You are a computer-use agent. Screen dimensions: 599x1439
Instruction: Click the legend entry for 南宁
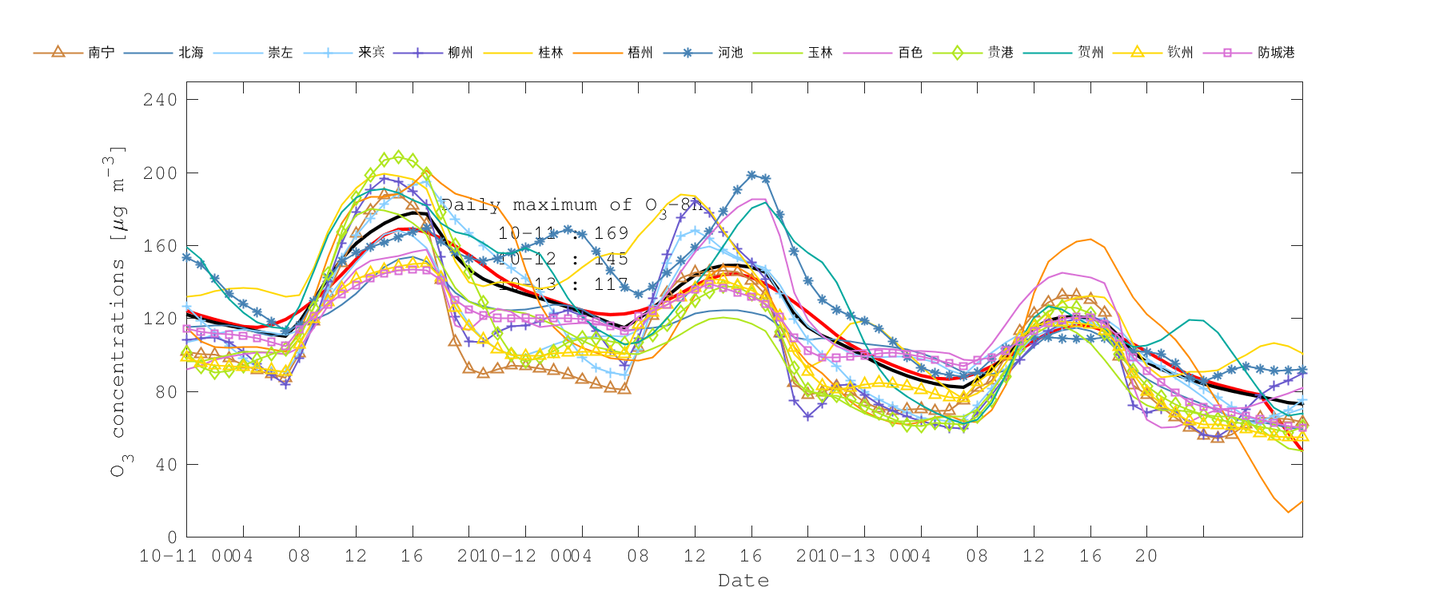[101, 53]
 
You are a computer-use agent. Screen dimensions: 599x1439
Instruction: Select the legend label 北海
[190, 53]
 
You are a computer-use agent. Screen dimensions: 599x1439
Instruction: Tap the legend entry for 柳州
[460, 53]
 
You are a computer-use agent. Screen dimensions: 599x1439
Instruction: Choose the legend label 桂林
[550, 53]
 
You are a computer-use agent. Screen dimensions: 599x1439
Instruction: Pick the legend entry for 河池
[730, 53]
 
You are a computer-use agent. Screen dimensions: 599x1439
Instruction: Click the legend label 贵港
[1000, 53]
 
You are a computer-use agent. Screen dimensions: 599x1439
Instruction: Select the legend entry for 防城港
[1275, 53]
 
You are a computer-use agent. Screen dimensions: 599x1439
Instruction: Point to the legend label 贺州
[1090, 53]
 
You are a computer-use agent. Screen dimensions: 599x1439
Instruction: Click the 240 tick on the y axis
[160, 100]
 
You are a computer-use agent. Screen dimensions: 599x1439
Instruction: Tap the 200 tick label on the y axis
[160, 173]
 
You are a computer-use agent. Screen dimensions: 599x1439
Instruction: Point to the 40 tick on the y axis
[165, 464]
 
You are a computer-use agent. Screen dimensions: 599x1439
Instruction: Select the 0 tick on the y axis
[171, 537]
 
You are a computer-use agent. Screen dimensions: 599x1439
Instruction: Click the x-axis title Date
[743, 581]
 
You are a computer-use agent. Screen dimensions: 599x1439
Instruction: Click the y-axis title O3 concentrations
[118, 311]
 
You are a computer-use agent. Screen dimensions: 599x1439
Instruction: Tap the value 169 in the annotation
[612, 233]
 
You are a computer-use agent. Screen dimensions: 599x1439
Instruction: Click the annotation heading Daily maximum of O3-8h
[572, 205]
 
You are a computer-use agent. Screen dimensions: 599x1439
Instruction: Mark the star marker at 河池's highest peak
[751, 175]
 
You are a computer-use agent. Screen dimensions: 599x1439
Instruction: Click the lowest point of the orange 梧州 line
[1288, 512]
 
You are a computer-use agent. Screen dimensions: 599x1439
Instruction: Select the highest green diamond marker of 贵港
[398, 157]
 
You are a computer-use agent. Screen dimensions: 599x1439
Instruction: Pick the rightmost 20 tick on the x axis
[1146, 556]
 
